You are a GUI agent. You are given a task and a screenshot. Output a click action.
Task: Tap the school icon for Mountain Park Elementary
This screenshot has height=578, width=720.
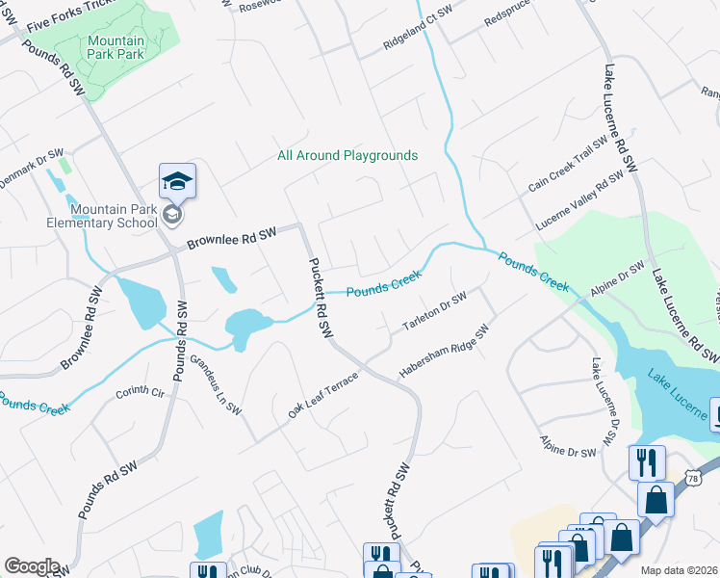pos(178,181)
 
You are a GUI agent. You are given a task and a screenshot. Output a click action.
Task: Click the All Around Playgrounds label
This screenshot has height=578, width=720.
pos(347,155)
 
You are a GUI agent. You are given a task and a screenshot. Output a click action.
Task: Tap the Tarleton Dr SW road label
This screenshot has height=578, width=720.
pos(434,311)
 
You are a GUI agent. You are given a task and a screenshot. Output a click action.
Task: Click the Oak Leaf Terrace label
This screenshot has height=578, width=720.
pos(322,395)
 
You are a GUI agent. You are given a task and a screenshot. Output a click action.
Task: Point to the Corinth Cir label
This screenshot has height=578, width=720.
pos(141,392)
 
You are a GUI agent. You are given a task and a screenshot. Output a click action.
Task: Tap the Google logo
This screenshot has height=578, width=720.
pos(32,566)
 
